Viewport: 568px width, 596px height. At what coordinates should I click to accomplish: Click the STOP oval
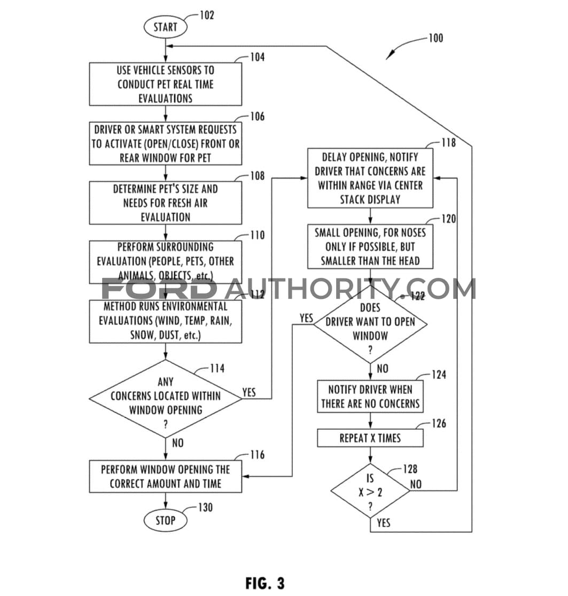[x=165, y=520]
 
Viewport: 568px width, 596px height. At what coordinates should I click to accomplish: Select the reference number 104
[x=256, y=57]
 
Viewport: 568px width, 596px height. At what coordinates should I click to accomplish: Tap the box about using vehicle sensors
[x=165, y=84]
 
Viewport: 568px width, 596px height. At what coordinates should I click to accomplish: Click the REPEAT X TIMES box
[x=370, y=438]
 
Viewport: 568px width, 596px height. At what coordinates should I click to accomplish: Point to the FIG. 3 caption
[x=265, y=583]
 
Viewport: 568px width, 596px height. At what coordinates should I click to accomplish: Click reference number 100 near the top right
[x=435, y=38]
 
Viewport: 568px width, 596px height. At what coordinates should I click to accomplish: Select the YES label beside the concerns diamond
[x=249, y=392]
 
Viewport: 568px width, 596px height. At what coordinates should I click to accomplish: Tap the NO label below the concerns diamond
[x=178, y=443]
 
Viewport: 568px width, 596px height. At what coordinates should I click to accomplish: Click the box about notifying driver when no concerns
[x=370, y=397]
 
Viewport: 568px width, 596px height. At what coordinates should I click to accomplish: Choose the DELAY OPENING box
[x=370, y=178]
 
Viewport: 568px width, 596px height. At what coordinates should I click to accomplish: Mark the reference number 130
[x=205, y=507]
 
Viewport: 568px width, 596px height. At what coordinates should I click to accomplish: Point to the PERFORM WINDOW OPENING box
[x=165, y=476]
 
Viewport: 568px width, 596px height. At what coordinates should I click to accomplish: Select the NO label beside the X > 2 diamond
[x=416, y=484]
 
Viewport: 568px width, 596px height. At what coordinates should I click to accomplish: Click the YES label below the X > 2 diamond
[x=383, y=523]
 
